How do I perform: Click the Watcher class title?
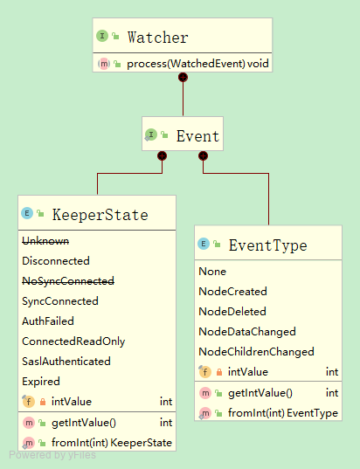click(x=157, y=38)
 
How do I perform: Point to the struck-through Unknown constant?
click(x=45, y=240)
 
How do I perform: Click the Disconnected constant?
click(x=55, y=260)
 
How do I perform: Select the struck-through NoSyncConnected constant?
click(x=67, y=280)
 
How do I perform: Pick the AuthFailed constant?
click(x=47, y=321)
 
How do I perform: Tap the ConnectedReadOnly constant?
click(x=73, y=341)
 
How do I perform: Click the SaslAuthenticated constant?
click(x=66, y=361)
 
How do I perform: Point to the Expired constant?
click(x=40, y=381)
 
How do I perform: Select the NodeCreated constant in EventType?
click(x=232, y=292)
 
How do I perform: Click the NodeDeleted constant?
click(x=232, y=312)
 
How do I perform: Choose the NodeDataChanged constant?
click(x=247, y=332)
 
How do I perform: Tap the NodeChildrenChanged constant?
click(x=256, y=352)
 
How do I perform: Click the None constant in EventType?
click(x=212, y=272)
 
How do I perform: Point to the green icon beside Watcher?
click(x=102, y=37)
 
